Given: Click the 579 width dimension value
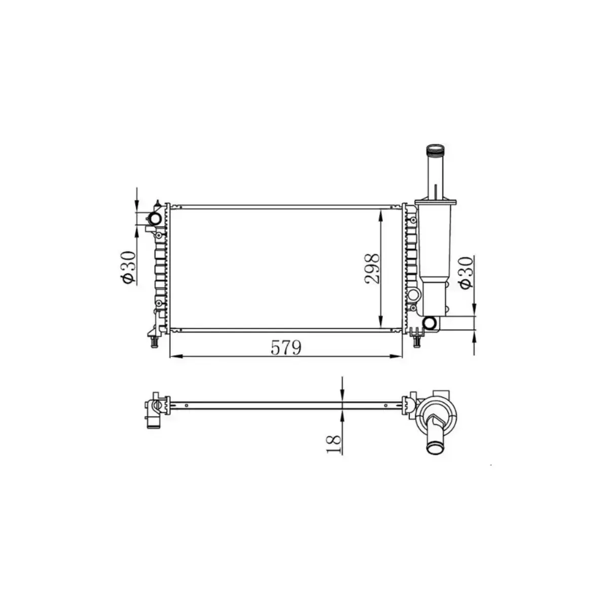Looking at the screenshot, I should click(x=286, y=348).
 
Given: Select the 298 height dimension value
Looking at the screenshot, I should click(x=372, y=268).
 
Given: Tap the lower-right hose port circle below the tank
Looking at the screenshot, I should click(x=431, y=322).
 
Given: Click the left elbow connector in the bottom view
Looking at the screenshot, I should click(x=154, y=412).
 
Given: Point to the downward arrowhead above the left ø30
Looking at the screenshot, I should click(x=136, y=205).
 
